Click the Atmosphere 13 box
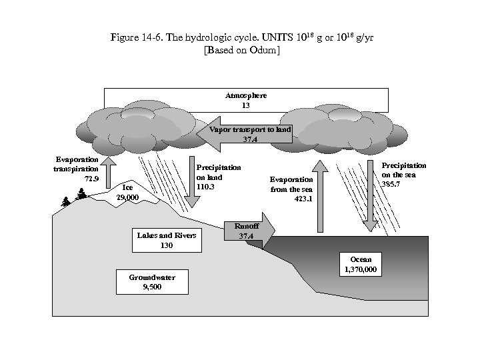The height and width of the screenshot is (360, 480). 246,100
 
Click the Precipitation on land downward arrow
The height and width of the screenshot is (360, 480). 188,193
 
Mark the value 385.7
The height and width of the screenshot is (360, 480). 391,184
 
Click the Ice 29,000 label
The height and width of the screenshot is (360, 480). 127,193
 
